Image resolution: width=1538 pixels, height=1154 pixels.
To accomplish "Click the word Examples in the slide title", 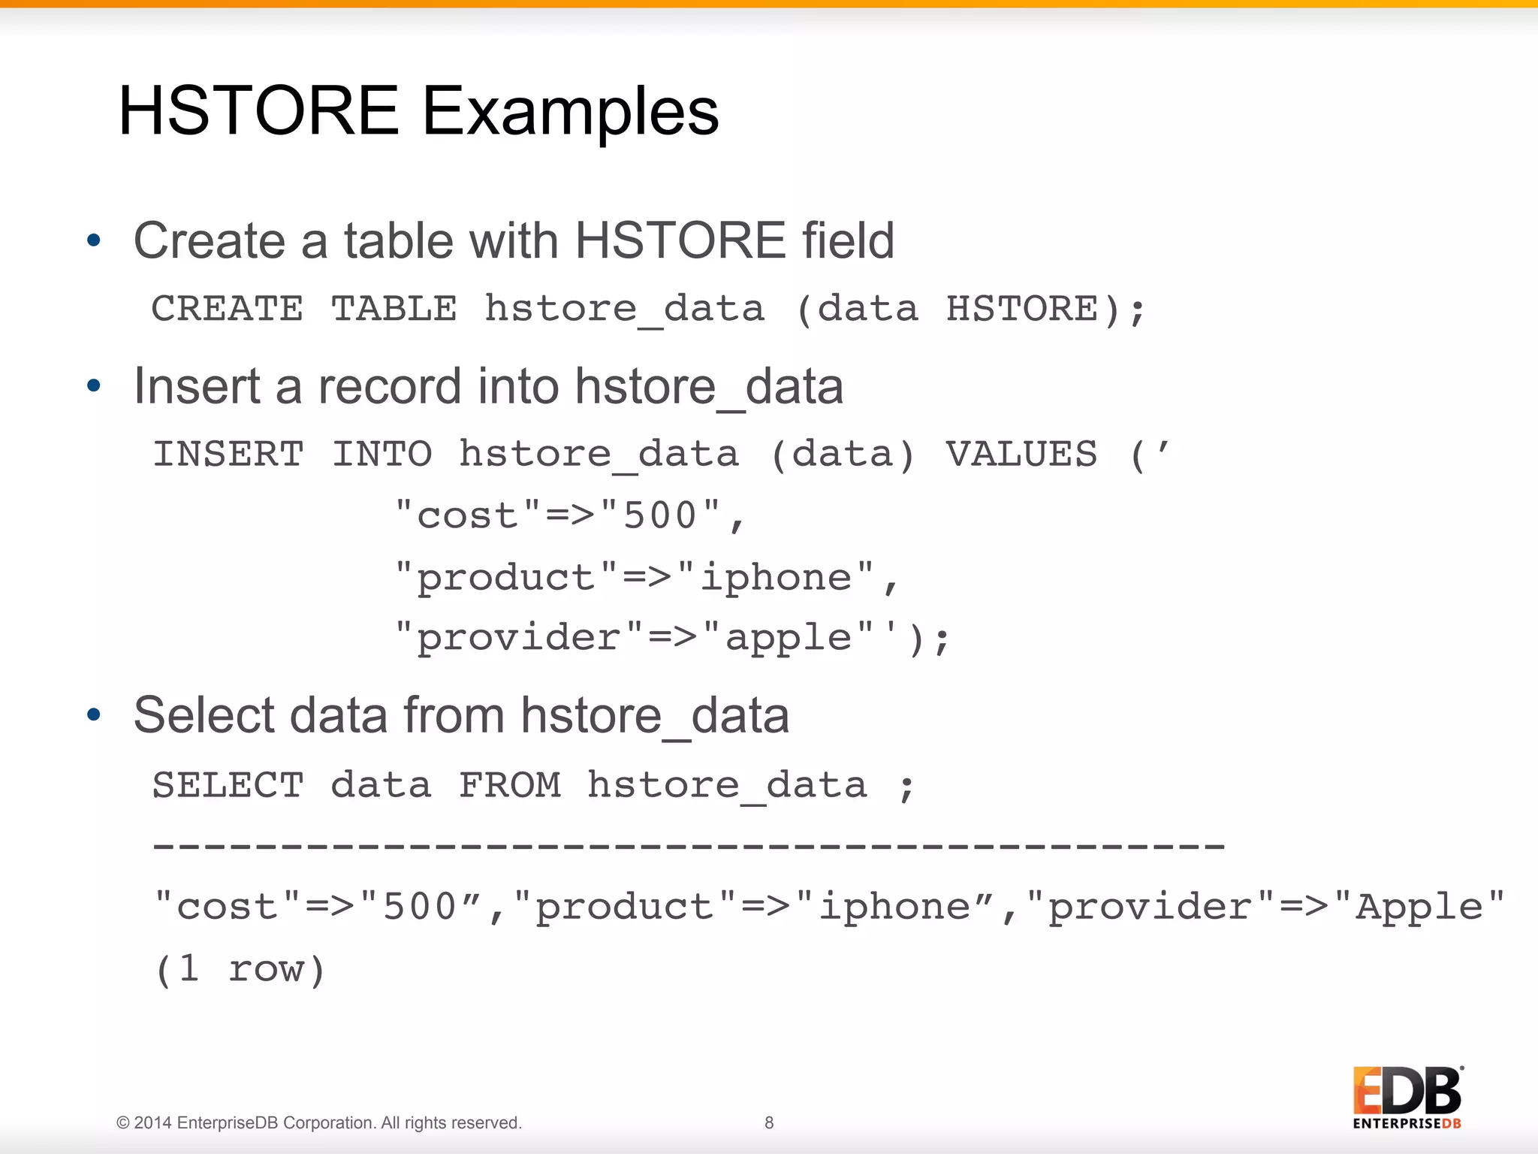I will click(x=570, y=111).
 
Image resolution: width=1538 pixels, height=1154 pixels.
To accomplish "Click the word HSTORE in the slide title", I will click(x=258, y=111).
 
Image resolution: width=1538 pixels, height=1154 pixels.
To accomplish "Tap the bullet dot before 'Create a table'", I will click(x=94, y=240).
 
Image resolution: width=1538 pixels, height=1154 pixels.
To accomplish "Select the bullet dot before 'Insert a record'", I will click(x=94, y=386).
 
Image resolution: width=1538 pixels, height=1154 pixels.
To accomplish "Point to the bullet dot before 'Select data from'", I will click(x=94, y=714).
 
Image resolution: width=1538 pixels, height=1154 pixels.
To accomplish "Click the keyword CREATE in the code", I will click(x=228, y=309).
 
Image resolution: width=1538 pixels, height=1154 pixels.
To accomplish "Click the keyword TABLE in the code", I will click(x=394, y=309).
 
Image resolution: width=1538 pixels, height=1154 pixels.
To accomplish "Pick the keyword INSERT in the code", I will click(x=228, y=455).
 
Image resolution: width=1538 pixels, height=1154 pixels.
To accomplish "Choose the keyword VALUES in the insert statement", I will click(x=1021, y=455).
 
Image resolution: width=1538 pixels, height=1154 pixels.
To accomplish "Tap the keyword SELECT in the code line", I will click(x=228, y=786).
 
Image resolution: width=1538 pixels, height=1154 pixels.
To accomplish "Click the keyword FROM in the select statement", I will click(x=510, y=786).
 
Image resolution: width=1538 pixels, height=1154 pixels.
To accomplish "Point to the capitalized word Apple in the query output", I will click(x=1419, y=907).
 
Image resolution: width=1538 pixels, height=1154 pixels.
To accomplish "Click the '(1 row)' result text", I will click(x=240, y=969).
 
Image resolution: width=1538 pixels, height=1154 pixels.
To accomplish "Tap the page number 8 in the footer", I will click(x=769, y=1122).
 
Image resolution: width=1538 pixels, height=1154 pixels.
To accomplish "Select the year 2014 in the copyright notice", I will click(x=153, y=1122).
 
